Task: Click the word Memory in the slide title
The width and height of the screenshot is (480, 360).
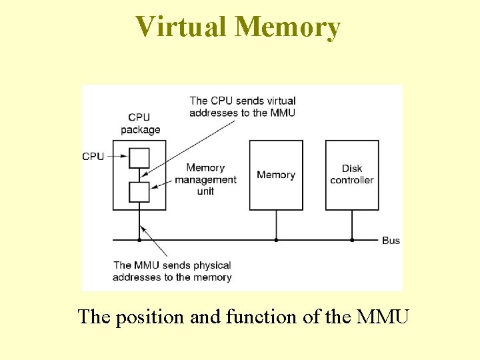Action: tap(288, 27)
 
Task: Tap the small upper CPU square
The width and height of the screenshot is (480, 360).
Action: tap(139, 157)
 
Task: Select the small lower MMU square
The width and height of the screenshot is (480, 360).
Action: tap(139, 192)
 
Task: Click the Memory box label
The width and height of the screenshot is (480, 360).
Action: tap(276, 175)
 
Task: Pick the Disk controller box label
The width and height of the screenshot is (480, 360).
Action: tap(352, 175)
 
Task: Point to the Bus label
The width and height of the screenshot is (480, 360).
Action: tap(391, 240)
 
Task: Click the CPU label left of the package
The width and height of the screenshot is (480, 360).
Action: tap(93, 157)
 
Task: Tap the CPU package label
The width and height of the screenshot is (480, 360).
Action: tap(141, 123)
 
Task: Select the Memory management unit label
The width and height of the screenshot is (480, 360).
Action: tap(205, 179)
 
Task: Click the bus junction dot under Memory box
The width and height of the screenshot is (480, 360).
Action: tap(276, 239)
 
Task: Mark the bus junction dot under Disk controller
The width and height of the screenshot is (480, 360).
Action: tap(352, 239)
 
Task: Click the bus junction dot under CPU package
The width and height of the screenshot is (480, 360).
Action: tap(139, 239)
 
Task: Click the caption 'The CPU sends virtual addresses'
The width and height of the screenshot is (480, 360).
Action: tap(243, 107)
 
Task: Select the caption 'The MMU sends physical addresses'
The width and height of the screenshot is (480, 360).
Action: tap(173, 271)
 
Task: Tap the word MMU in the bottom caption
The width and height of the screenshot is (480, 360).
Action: tap(383, 317)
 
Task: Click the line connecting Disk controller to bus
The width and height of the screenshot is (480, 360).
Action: tap(352, 225)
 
